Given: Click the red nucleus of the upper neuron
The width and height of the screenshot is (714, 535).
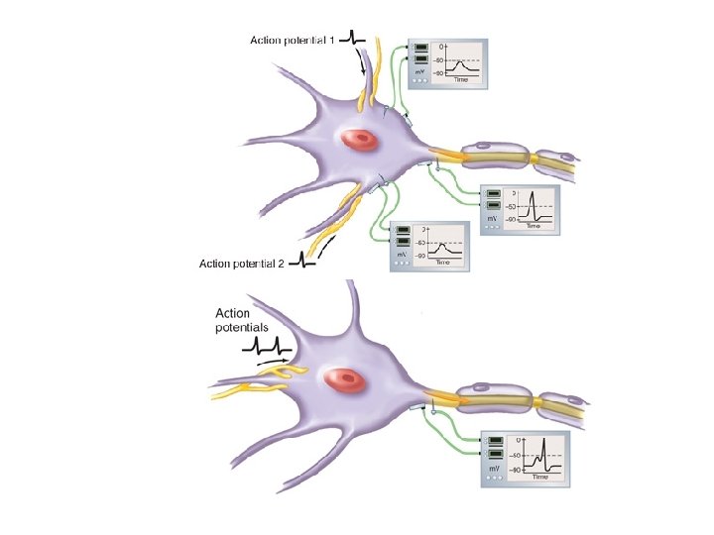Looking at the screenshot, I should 360,141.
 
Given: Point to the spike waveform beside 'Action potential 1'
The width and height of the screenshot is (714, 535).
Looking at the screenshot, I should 354,39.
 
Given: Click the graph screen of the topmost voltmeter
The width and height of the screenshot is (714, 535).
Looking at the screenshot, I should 460,61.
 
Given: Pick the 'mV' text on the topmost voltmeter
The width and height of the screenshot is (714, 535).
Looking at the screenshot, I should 420,73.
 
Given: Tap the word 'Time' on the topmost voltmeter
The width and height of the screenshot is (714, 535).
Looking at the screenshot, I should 461,80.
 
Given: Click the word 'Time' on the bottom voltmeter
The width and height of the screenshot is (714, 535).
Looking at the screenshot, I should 539,477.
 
